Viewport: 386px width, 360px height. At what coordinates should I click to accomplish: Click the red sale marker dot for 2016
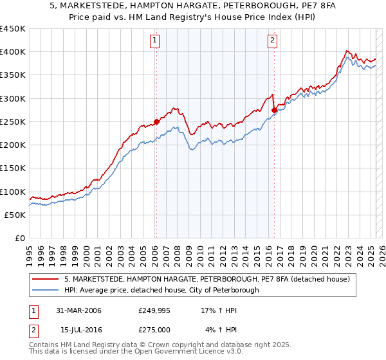click(274, 110)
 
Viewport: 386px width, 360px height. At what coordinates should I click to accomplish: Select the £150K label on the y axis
click(13, 168)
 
